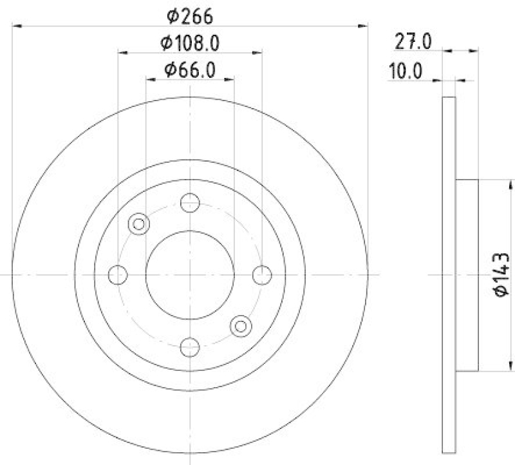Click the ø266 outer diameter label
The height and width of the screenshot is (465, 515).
(x=191, y=15)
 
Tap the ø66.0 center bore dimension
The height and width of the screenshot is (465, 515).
(x=191, y=69)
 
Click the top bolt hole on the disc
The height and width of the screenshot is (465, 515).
(x=189, y=203)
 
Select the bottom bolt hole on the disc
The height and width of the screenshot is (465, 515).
(x=189, y=347)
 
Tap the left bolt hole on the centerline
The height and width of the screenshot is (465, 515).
(x=117, y=275)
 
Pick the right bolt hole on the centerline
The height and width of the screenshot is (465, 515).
(x=261, y=275)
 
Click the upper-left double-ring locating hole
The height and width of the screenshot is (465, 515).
(x=138, y=224)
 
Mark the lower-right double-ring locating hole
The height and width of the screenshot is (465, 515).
(x=241, y=326)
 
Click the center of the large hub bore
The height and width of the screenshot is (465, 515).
(x=189, y=275)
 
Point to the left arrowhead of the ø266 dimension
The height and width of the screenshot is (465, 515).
(x=17, y=26)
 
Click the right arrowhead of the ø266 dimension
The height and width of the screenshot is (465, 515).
(x=362, y=26)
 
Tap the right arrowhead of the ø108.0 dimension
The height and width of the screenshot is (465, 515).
(x=257, y=53)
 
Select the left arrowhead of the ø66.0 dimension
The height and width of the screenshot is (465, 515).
(x=150, y=80)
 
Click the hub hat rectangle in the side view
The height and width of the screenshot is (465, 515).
(x=467, y=275)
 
